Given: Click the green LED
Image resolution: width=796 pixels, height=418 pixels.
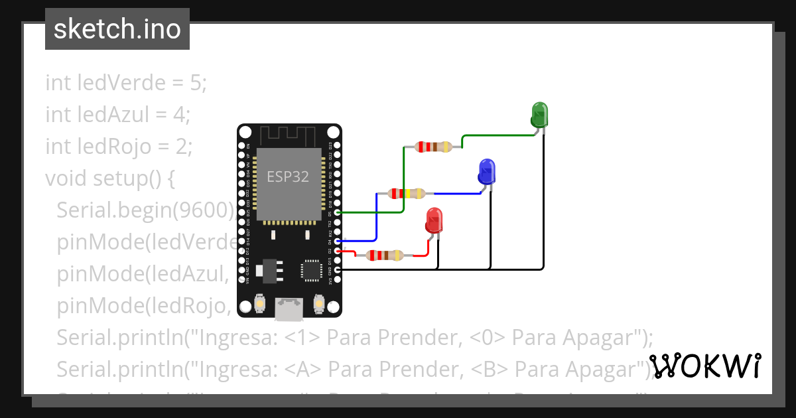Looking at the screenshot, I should point(539,115).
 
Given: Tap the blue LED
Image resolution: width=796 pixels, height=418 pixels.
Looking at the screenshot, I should point(487,171).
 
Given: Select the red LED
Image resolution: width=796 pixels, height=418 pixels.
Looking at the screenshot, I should point(434,220).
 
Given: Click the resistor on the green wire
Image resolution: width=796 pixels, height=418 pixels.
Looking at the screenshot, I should point(433,147).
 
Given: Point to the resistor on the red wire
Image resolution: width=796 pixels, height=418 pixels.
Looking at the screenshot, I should point(385,255).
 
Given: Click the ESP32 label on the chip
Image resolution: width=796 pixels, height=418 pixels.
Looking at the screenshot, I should point(288,176).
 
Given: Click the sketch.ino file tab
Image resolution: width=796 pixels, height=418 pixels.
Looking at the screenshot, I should point(117,29).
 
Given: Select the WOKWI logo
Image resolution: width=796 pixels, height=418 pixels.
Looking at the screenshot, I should point(705,366).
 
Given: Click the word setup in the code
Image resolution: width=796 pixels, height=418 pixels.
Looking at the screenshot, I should point(122,178).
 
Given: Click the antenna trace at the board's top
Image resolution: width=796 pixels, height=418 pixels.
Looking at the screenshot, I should point(289,136).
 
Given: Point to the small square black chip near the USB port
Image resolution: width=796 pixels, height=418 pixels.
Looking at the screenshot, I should point(310,270).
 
